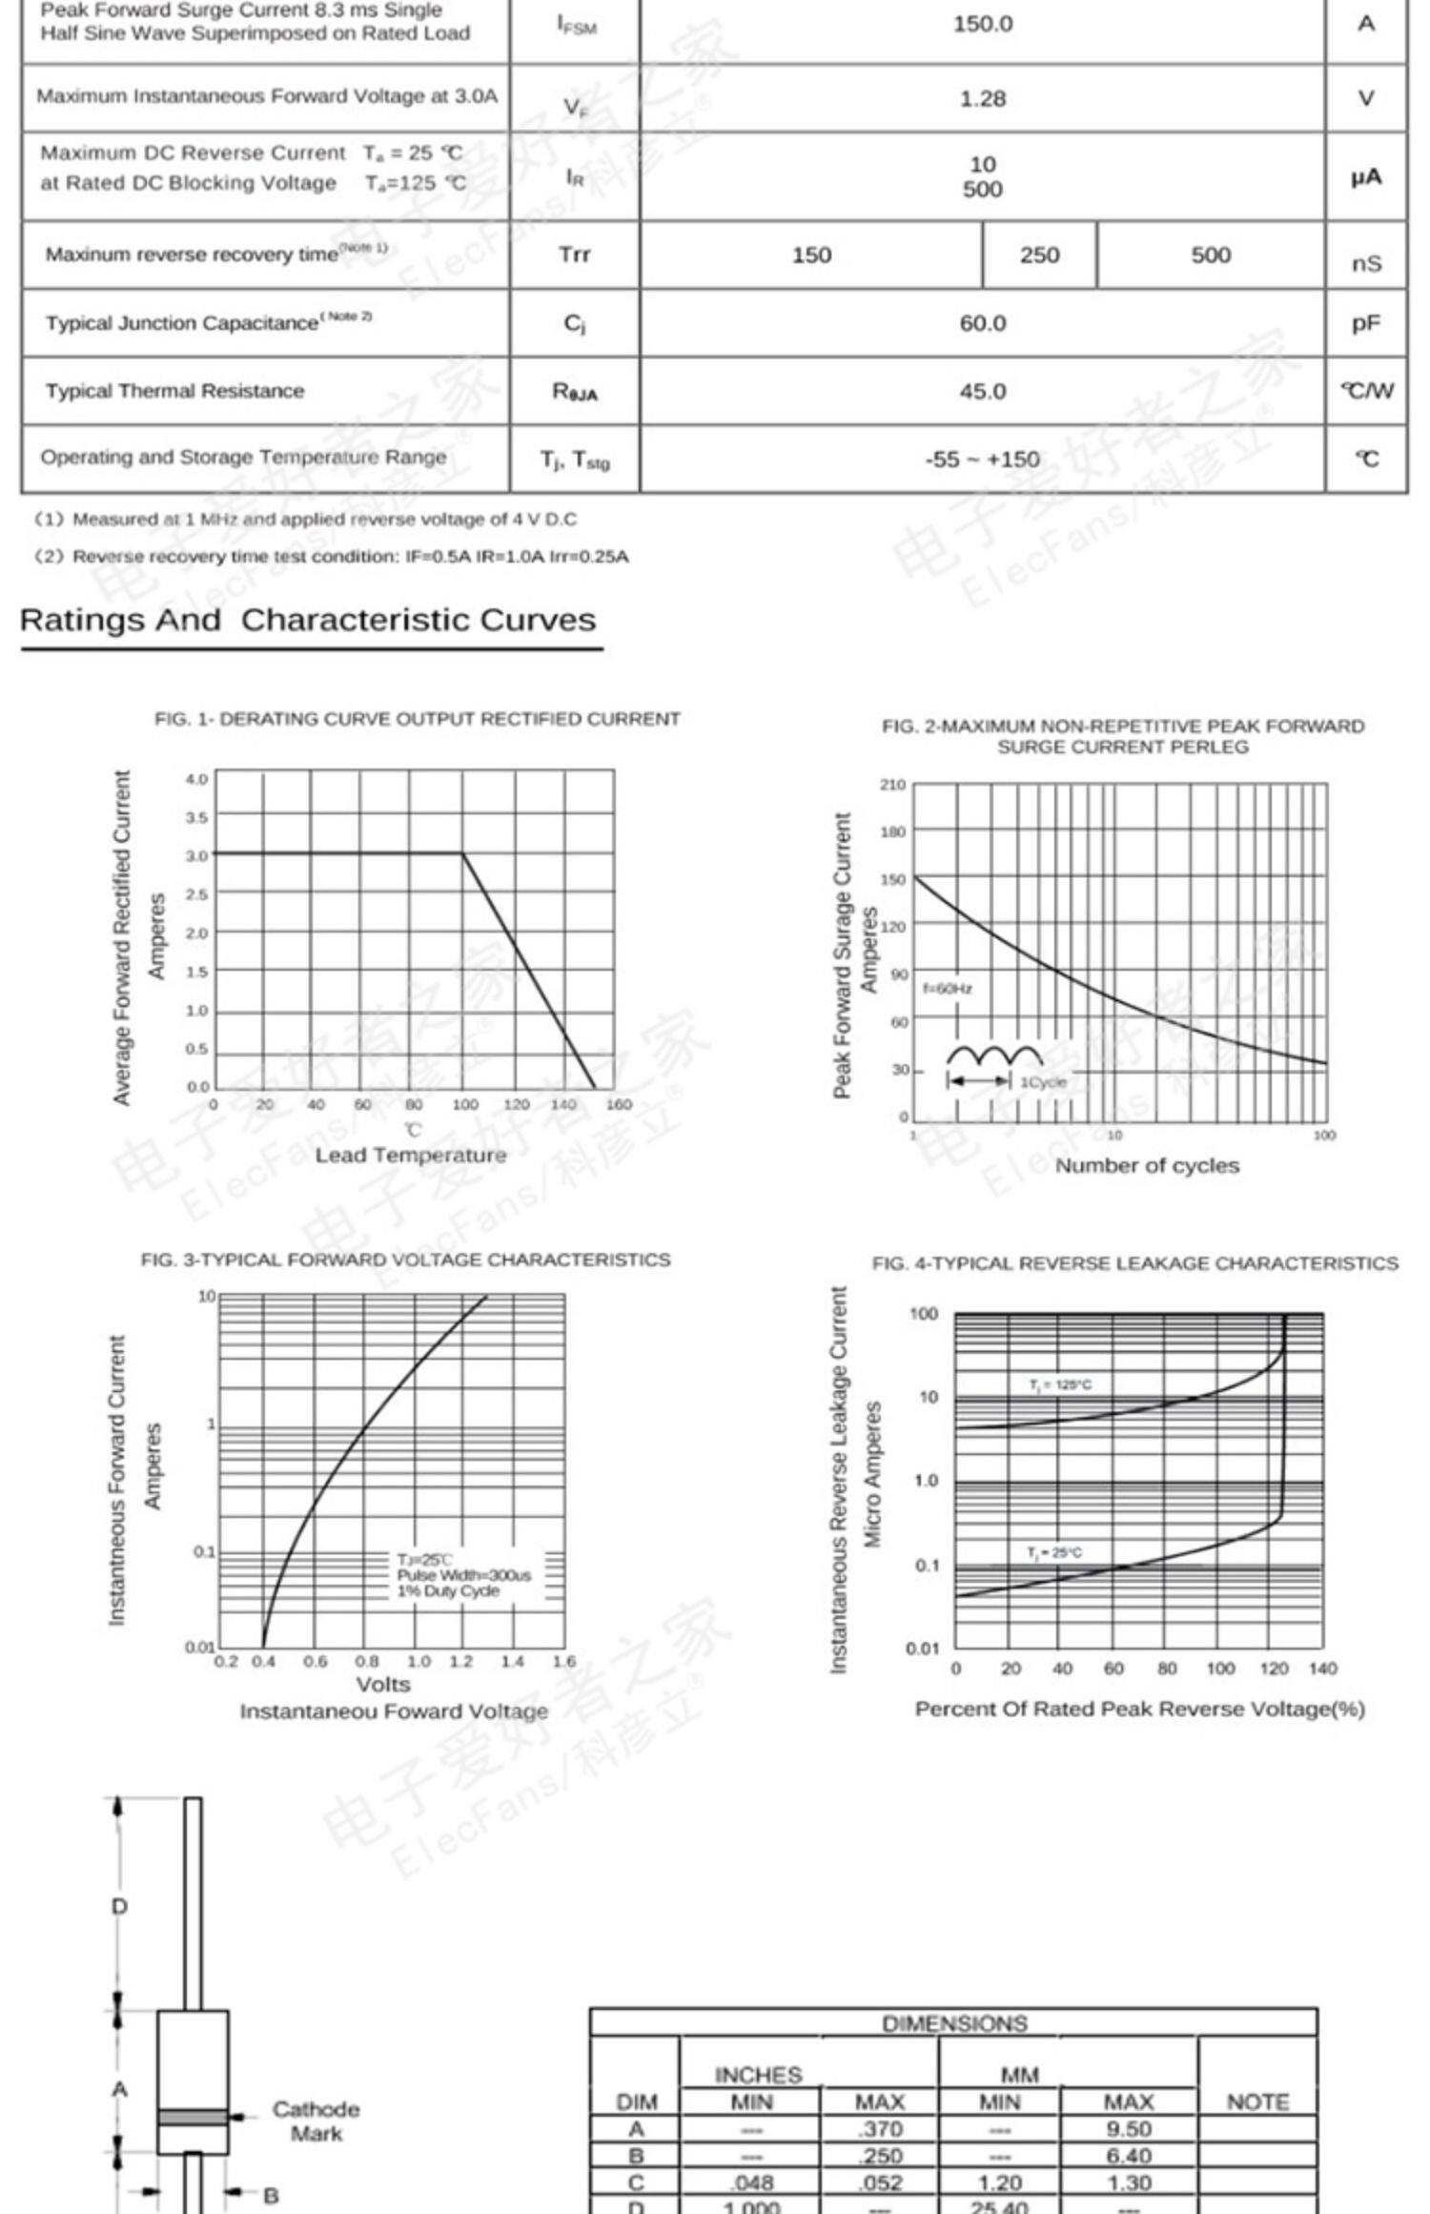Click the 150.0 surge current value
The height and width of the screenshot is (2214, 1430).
tap(982, 25)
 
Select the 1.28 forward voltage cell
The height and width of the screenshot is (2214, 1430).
tap(982, 99)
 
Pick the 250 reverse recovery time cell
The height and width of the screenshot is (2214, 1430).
tap(1039, 256)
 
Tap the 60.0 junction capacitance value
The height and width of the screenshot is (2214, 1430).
tap(982, 324)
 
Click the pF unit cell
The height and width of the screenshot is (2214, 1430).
tap(1365, 324)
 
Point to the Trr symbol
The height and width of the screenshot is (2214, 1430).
tap(574, 255)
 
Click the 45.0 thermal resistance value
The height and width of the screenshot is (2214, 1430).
tap(982, 392)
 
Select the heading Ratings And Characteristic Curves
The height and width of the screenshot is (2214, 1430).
tap(308, 621)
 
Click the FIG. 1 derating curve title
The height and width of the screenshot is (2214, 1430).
tap(418, 720)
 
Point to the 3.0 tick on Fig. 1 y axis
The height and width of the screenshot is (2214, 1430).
tap(196, 856)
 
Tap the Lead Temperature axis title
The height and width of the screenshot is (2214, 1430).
tap(411, 1156)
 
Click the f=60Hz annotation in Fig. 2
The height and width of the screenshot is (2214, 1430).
tap(947, 989)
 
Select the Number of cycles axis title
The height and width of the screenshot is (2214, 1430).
tap(1147, 1166)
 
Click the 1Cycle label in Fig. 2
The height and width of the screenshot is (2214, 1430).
tap(1043, 1082)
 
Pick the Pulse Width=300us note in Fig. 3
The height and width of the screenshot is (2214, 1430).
tap(463, 1575)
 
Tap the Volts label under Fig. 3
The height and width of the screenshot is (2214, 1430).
tap(383, 1685)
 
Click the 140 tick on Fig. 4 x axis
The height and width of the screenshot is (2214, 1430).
tap(1322, 1669)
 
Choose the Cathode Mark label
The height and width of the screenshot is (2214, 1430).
tap(316, 2122)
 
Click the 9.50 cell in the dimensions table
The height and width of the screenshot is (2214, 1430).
tap(1128, 2129)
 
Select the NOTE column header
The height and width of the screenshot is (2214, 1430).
tap(1257, 2102)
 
